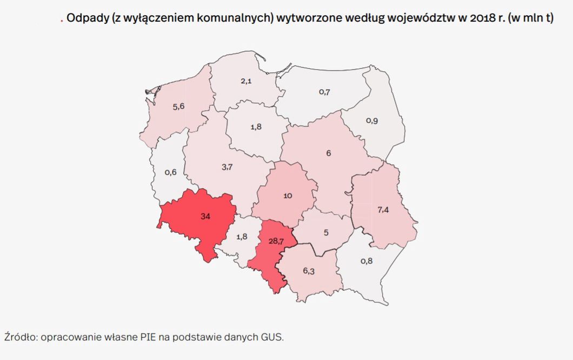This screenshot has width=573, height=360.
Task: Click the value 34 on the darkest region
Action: coord(205,216)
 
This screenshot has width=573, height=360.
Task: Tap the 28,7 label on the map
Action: coord(276,241)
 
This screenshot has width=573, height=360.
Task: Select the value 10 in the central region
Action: coord(288,196)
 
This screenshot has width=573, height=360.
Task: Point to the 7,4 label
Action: coord(383,210)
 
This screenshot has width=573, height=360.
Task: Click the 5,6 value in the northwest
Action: coord(178,106)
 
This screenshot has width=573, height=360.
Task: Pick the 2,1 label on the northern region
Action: coord(246,81)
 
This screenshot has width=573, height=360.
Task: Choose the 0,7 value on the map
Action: coord(324,92)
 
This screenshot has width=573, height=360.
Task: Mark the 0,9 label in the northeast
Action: coord(372,121)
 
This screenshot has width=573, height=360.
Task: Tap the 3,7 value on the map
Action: coord(227,167)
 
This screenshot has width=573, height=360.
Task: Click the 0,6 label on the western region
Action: coord(170,172)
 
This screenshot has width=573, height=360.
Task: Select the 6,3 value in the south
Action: coord(308,271)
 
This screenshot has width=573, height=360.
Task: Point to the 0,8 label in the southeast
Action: coord(367,261)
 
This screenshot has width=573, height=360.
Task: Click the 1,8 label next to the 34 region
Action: coord(241,236)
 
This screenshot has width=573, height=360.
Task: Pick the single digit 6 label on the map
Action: coord(329,153)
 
